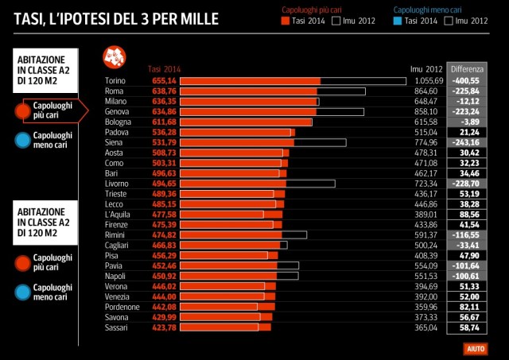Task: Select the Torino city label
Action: (x=116, y=81)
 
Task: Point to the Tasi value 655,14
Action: (x=163, y=81)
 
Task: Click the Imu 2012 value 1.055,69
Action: (x=428, y=81)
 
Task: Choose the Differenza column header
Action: (x=466, y=69)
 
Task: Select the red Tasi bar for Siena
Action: (x=237, y=142)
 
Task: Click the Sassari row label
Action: (x=117, y=327)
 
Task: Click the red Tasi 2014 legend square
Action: (x=287, y=21)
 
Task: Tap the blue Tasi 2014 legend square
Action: (x=398, y=21)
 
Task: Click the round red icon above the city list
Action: (x=114, y=57)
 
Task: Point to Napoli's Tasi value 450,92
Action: (x=163, y=276)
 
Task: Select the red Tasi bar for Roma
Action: (x=249, y=91)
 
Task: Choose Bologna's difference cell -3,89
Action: (x=467, y=122)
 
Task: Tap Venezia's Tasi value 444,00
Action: (x=163, y=296)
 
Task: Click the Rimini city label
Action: (x=116, y=234)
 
